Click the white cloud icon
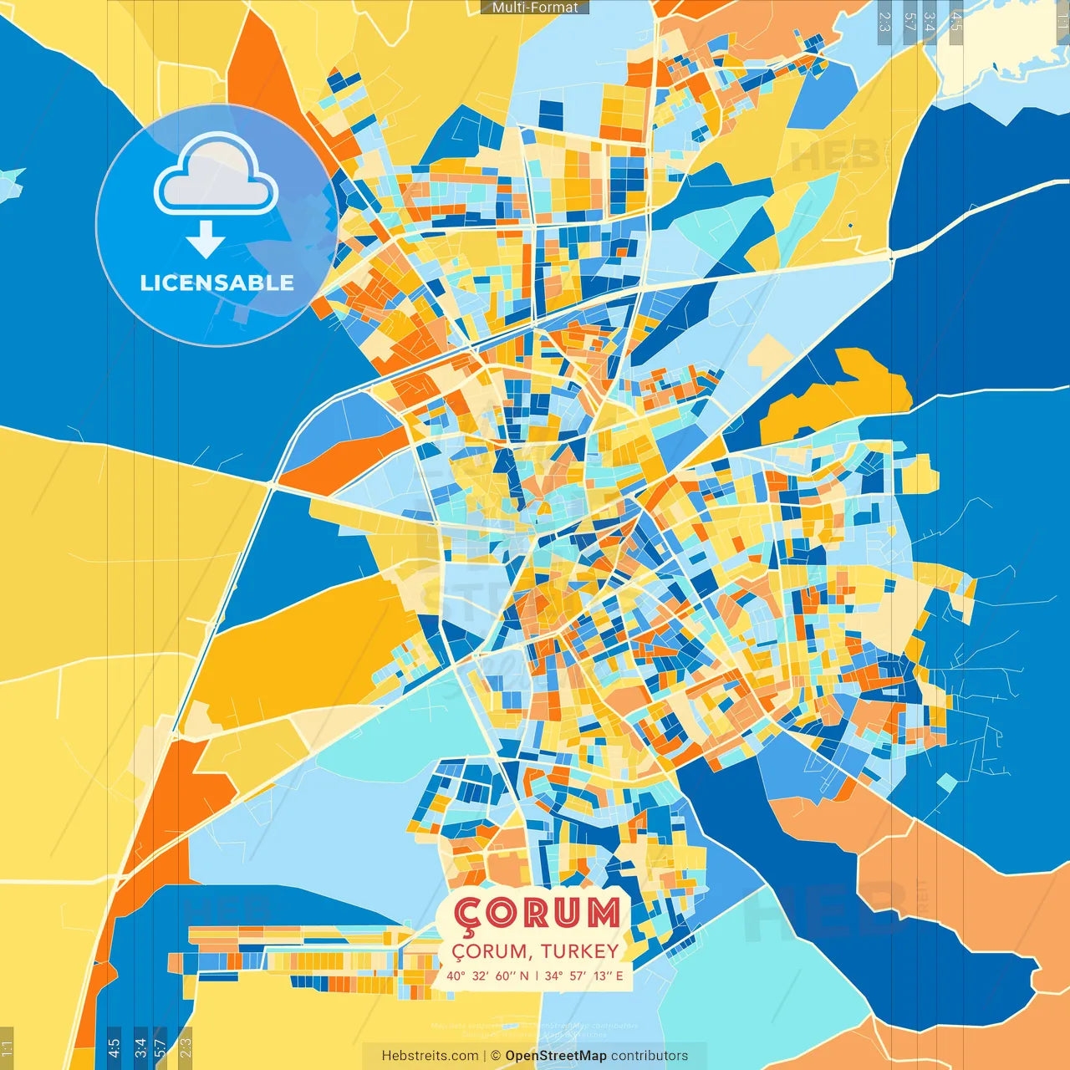point(216,179)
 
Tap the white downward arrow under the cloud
point(206,239)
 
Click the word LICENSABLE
point(217,283)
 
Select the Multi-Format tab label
point(535,8)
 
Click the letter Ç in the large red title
point(471,915)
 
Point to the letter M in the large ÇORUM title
point(603,913)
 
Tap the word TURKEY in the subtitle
point(579,951)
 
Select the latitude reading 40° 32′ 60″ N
point(487,976)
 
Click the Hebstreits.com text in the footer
point(430,1056)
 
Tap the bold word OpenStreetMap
point(556,1056)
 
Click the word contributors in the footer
point(650,1056)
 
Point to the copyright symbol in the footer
point(495,1056)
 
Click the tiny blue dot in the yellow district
point(850,225)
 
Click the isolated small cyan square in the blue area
point(946,782)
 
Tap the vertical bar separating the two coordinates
point(536,976)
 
